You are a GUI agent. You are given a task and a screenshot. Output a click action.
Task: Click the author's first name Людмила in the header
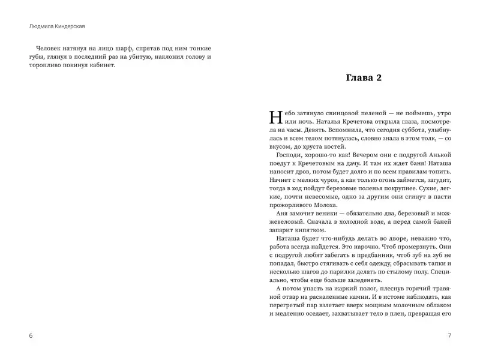(x=40, y=26)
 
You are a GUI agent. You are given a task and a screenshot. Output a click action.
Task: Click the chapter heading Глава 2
(x=364, y=78)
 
